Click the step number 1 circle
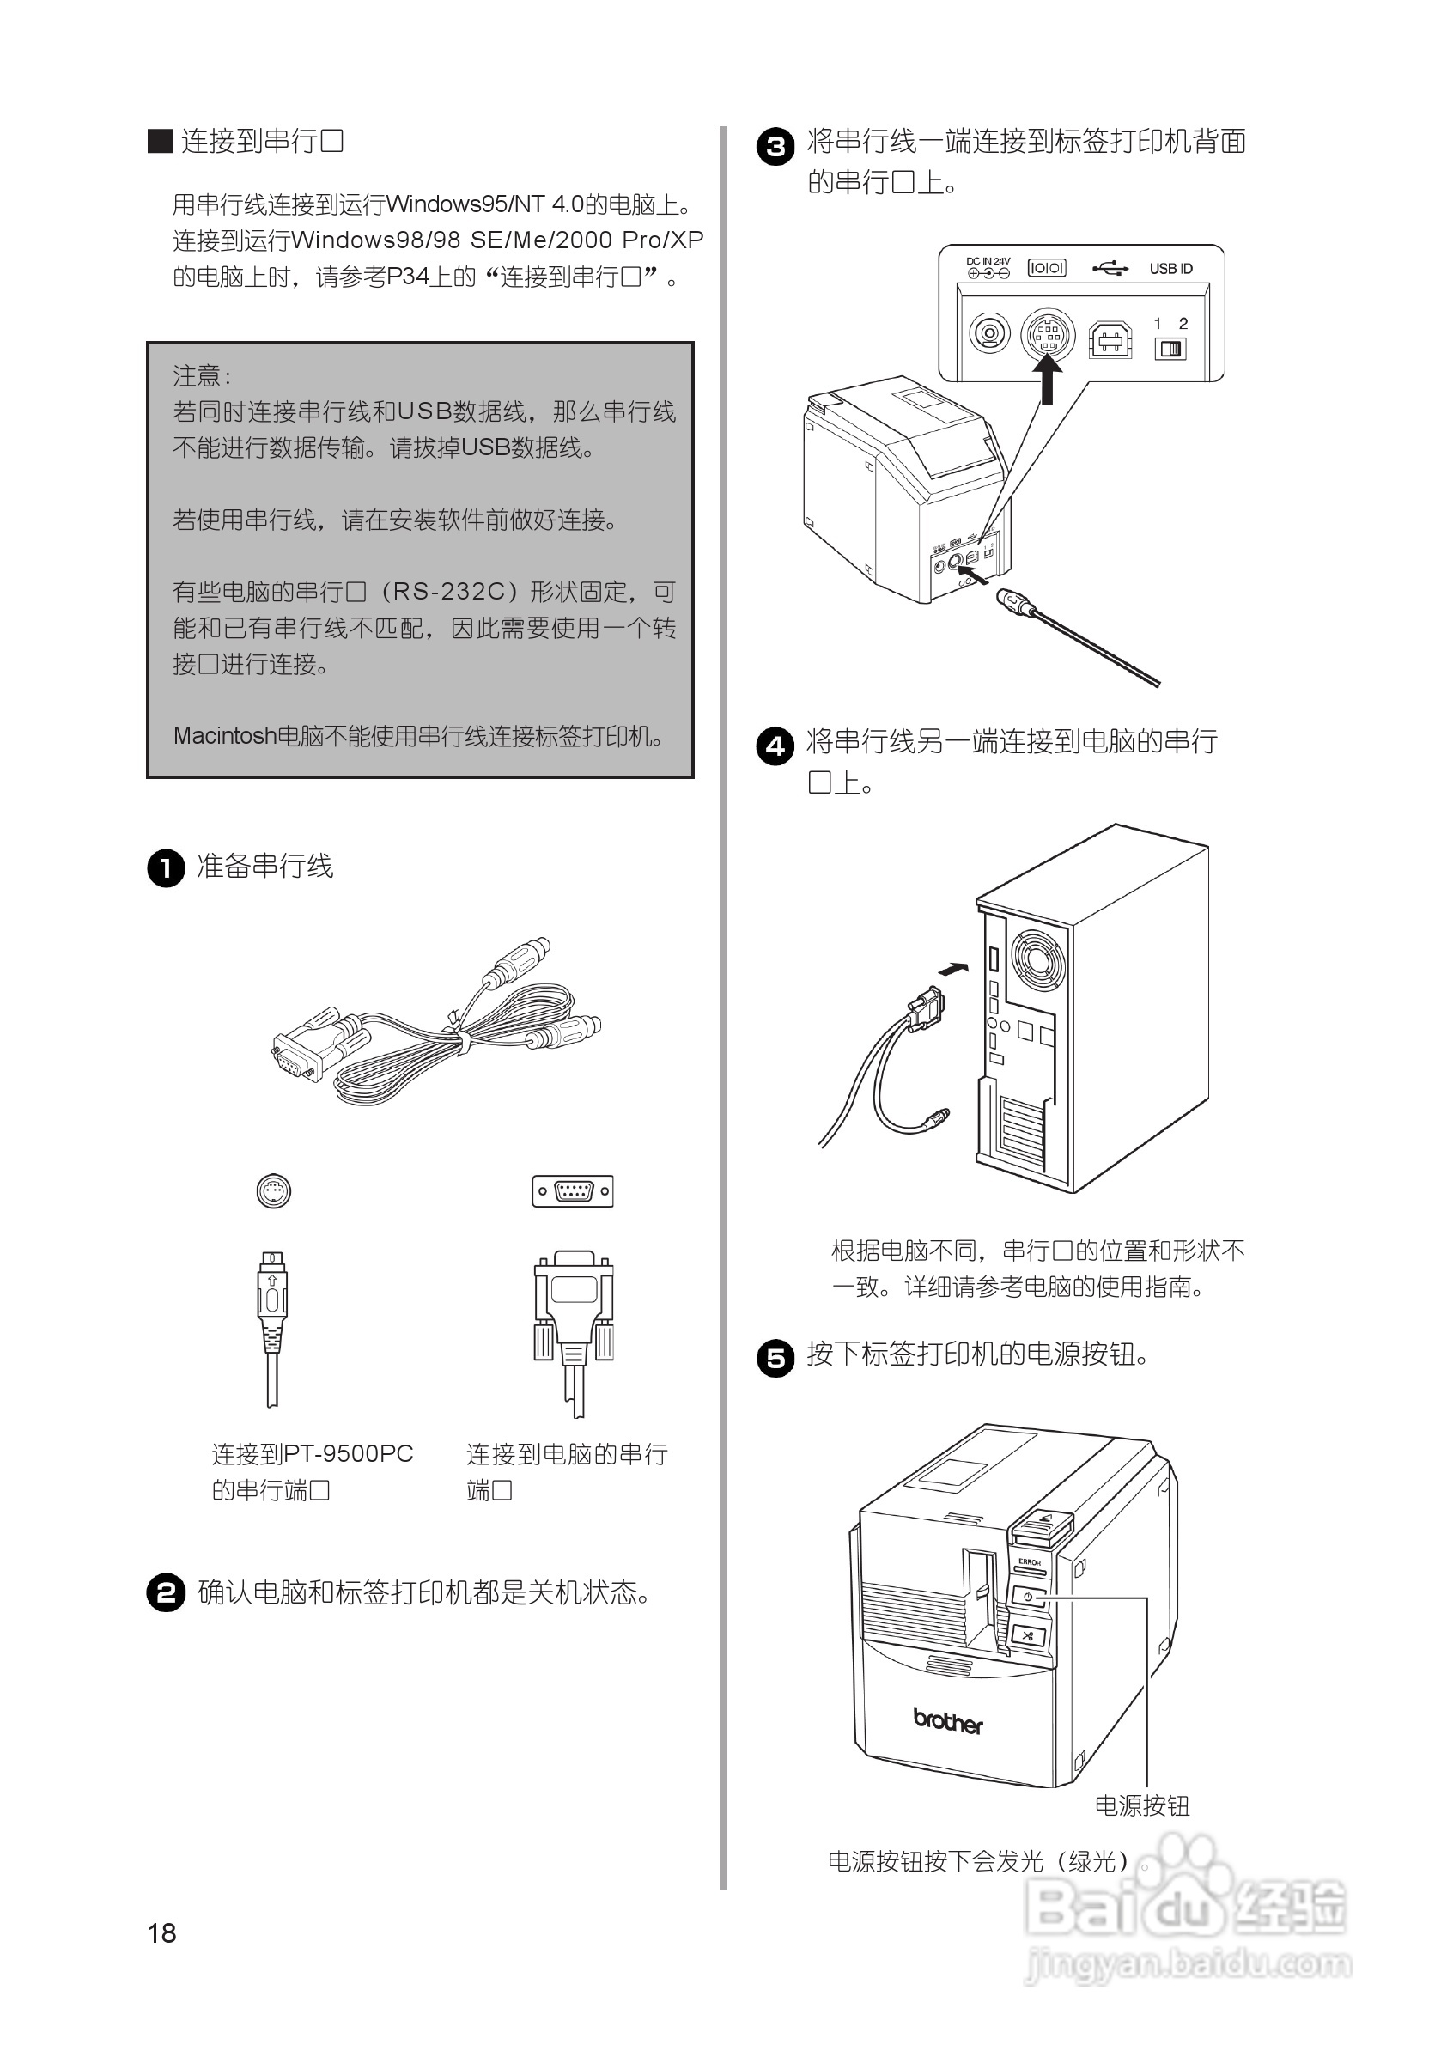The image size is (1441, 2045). point(166,867)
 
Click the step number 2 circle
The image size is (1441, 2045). point(166,1592)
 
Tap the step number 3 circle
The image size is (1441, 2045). point(775,146)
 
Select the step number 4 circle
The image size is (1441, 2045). point(775,746)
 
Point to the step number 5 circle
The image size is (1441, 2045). point(775,1358)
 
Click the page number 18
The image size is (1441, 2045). point(161,1932)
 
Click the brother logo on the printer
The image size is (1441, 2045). point(947,1722)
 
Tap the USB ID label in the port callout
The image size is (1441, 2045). point(1170,268)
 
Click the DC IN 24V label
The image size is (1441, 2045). point(988,262)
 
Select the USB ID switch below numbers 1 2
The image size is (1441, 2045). point(1170,348)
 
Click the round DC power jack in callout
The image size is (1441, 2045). point(988,334)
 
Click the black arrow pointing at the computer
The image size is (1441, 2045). point(953,969)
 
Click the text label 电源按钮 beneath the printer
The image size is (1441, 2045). point(1141,1805)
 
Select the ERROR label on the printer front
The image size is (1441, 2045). point(1029,1562)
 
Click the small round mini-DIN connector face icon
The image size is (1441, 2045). point(273,1190)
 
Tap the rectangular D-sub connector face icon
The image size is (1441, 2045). point(573,1190)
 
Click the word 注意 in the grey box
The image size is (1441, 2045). point(197,376)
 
